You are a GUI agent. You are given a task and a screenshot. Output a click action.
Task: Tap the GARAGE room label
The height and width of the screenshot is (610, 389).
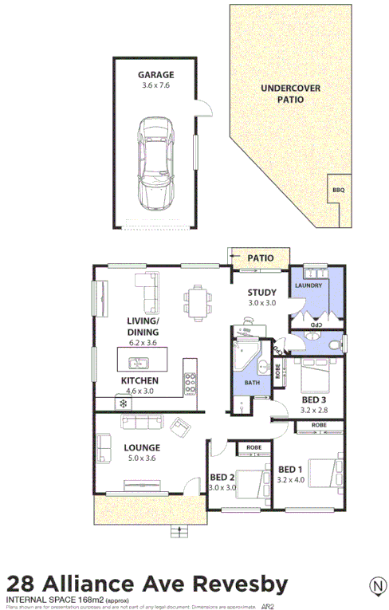click(x=155, y=75)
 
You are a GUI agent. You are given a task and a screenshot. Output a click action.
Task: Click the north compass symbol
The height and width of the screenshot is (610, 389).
click(x=375, y=586)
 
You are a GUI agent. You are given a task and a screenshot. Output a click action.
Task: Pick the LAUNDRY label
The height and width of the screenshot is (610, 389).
click(x=308, y=285)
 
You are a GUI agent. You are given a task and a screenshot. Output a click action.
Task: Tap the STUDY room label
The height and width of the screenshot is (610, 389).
click(x=261, y=293)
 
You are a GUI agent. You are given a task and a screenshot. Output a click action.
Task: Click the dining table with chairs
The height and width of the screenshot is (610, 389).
click(x=197, y=301)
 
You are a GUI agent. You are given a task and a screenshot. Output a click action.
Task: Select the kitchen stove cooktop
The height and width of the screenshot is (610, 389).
click(x=190, y=379)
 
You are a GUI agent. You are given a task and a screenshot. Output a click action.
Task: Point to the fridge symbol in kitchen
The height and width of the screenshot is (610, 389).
click(x=123, y=403)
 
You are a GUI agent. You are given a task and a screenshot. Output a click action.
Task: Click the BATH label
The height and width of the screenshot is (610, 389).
click(x=253, y=383)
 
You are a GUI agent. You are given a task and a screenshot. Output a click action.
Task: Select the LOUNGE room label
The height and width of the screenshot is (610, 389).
click(x=142, y=447)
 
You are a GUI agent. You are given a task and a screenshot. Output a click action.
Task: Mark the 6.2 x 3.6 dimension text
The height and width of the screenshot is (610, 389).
click(x=142, y=344)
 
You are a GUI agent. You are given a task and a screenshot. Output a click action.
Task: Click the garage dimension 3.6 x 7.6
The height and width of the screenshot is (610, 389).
click(x=155, y=85)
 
